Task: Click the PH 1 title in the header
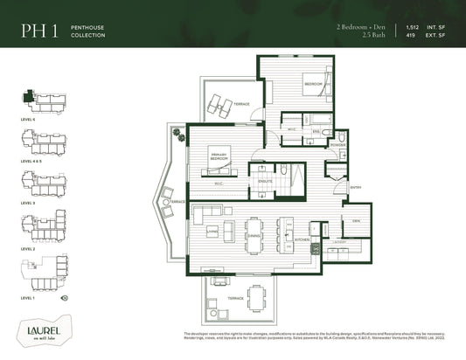click(x=39, y=32)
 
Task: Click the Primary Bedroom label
click(x=219, y=158)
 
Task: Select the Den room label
click(x=356, y=222)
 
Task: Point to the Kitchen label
click(x=302, y=239)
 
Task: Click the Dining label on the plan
click(x=254, y=236)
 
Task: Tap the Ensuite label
click(x=265, y=181)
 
